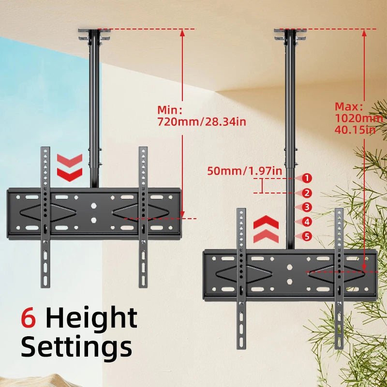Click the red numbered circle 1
(x=306, y=178)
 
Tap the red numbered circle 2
(x=306, y=193)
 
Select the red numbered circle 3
(x=306, y=208)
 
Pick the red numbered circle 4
(x=306, y=222)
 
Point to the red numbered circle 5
(x=306, y=237)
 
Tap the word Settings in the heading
(x=76, y=347)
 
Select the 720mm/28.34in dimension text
(x=202, y=121)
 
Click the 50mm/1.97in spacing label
(x=245, y=170)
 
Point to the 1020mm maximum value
(x=359, y=118)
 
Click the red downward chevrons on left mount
(x=70, y=166)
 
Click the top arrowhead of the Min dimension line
(x=182, y=32)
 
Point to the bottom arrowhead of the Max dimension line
(x=364, y=268)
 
